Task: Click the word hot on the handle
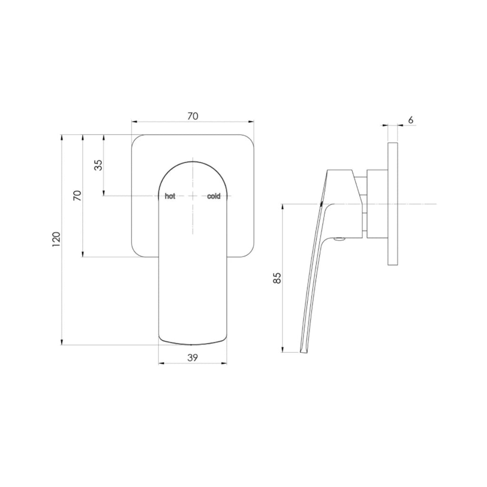[170, 196]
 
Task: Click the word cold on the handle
[214, 196]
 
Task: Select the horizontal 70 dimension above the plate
[193, 116]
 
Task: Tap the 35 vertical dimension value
[97, 165]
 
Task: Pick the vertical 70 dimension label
[77, 195]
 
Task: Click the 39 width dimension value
[193, 358]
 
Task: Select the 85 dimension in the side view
[278, 278]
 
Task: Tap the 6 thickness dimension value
[410, 120]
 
